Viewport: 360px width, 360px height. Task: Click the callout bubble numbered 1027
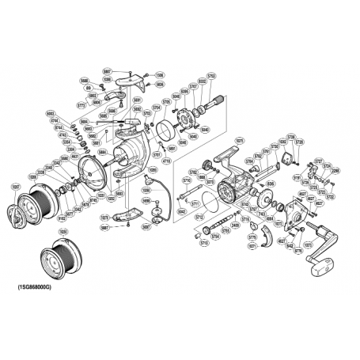tap(15, 187)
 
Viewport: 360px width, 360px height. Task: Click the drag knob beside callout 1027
tap(16, 214)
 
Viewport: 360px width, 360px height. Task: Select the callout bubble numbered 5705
tap(167, 103)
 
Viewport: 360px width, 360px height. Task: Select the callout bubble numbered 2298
tap(335, 171)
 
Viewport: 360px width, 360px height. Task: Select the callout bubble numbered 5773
tap(81, 104)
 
